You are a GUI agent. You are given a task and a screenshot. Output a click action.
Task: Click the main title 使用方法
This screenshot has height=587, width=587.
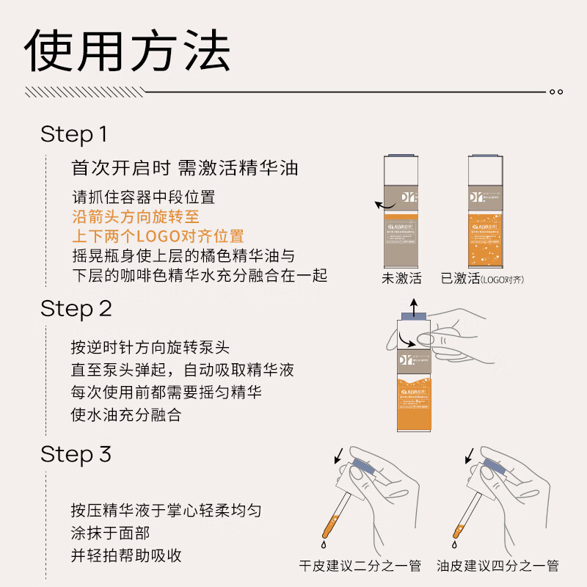click(128, 51)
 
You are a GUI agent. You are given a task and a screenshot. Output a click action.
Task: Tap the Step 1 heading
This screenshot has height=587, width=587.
click(74, 134)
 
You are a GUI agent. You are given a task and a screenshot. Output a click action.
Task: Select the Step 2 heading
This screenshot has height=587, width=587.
click(76, 308)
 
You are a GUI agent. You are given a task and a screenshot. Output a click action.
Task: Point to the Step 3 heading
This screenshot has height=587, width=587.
click(76, 454)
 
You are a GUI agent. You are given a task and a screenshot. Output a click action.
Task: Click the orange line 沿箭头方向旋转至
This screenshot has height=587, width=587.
click(136, 217)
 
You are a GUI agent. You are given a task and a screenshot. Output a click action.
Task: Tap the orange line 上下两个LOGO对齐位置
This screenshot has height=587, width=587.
click(158, 236)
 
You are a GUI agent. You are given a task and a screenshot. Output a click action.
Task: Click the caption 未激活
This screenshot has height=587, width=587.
click(401, 279)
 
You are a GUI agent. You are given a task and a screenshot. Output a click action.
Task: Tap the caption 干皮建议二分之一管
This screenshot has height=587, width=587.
click(360, 566)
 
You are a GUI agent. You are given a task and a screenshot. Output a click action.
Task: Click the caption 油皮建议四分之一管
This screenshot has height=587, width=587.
click(497, 566)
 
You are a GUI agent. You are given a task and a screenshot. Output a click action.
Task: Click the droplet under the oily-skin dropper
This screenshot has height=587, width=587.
click(450, 546)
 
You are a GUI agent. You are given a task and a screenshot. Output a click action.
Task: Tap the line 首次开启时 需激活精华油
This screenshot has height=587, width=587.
click(185, 168)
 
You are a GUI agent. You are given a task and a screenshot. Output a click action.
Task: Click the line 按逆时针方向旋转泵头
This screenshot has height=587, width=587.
click(150, 347)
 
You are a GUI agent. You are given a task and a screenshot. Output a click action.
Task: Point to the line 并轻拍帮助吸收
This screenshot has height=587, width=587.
click(126, 555)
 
